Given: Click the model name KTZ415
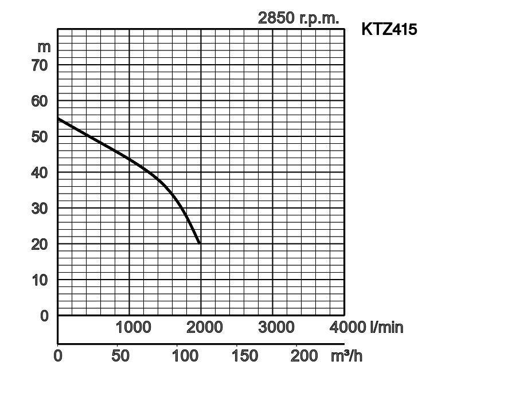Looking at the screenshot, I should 389,29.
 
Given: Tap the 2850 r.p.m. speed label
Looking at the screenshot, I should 298,18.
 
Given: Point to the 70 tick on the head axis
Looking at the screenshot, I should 40,65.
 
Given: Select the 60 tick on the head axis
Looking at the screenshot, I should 40,101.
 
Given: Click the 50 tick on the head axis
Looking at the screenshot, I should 40,137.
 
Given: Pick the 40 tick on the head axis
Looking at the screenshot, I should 40,172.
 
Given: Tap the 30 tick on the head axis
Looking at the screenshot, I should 40,209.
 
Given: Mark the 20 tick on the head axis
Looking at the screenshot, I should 40,244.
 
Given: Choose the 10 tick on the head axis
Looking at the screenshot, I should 40,280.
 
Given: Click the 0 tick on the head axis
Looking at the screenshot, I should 44,316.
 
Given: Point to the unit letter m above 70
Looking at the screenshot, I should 44,47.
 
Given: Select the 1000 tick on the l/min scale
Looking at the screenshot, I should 133,327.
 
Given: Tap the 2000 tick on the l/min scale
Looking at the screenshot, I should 205,327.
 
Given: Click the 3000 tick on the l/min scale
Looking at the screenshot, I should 276,327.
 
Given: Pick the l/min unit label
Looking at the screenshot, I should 386,327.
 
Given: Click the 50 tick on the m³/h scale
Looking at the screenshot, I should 120,356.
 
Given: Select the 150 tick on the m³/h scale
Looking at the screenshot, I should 244,356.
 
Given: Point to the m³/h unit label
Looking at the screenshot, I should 346,356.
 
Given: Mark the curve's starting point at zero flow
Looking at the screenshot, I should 58,119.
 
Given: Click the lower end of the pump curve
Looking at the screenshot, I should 199,243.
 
